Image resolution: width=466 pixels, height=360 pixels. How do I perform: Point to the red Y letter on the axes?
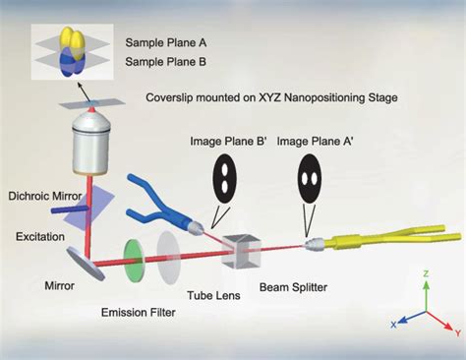pos(458,330)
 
